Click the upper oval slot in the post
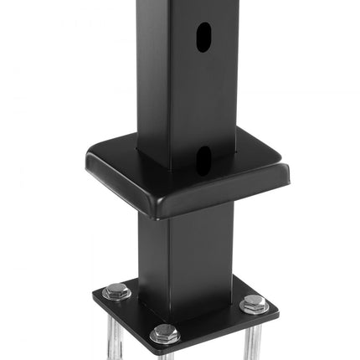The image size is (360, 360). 203,37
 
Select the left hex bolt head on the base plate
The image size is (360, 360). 116,292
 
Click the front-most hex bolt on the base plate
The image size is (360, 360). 165,334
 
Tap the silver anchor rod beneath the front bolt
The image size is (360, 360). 165,354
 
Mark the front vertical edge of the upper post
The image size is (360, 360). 172,84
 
